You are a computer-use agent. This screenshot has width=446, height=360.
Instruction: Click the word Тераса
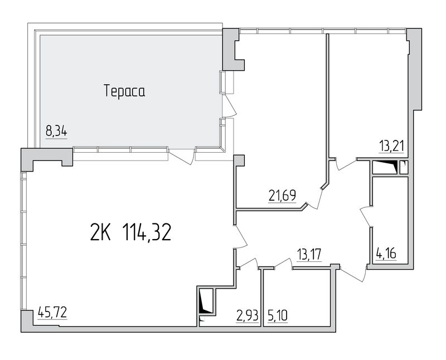click(124, 91)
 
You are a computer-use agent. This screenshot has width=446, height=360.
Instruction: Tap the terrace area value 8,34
click(56, 132)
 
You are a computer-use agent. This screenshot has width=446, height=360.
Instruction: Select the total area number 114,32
click(147, 232)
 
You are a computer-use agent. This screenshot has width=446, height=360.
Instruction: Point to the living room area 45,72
click(52, 313)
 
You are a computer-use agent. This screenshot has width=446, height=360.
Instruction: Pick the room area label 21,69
click(283, 196)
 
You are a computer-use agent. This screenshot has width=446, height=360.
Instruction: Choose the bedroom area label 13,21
click(392, 147)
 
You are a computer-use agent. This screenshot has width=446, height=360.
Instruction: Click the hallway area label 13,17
click(309, 254)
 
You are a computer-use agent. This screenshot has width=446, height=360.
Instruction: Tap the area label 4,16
click(386, 253)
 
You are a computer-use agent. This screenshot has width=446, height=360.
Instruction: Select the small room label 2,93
click(247, 315)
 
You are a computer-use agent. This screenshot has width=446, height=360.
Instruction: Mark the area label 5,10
click(278, 315)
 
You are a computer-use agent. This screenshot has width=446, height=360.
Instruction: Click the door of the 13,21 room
click(346, 164)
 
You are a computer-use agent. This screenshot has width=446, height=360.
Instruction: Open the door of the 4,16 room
click(366, 217)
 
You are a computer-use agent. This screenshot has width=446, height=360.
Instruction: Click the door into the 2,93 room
click(248, 262)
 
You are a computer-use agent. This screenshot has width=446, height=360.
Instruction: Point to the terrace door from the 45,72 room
click(182, 156)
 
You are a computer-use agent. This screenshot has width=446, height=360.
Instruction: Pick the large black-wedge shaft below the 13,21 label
click(385, 167)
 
